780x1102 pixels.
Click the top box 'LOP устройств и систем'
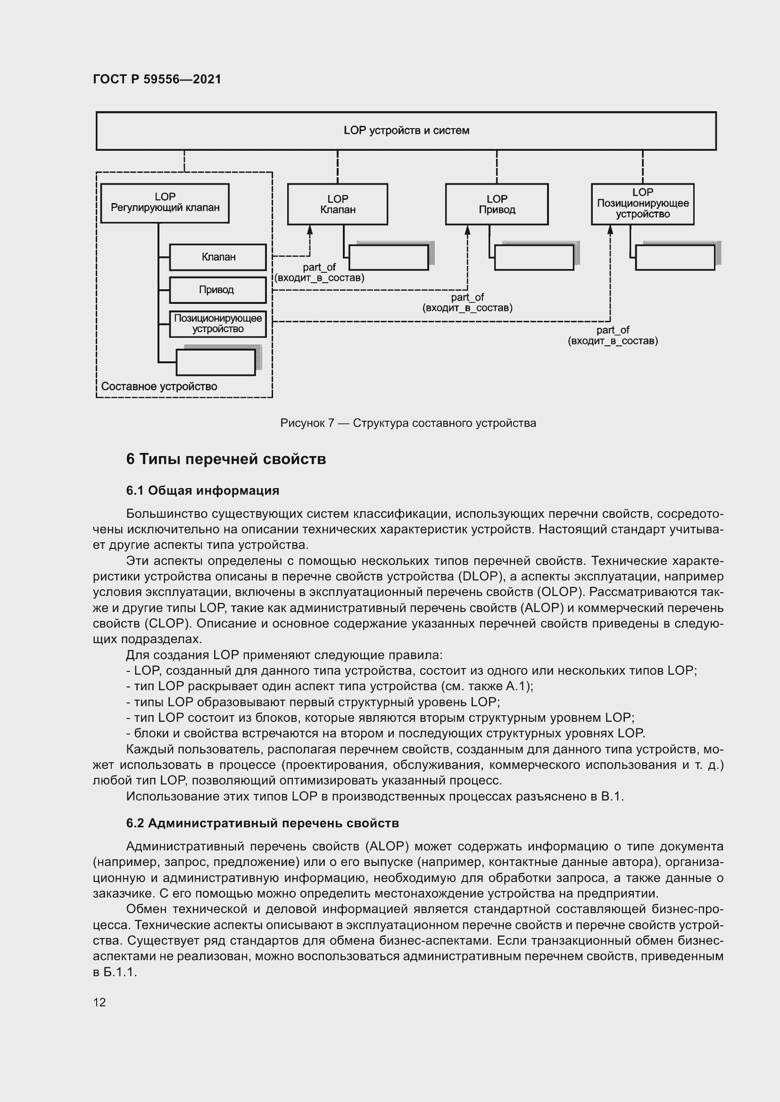[406, 131]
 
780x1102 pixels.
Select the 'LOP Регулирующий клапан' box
[165, 203]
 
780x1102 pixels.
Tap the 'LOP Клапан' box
[337, 204]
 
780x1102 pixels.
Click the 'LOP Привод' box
[497, 204]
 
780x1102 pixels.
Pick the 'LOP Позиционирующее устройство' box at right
[642, 204]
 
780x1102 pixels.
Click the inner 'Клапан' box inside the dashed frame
[217, 257]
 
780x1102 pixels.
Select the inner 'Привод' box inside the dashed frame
[217, 290]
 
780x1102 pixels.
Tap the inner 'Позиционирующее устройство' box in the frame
[217, 324]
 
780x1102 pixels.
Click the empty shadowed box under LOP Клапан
[388, 258]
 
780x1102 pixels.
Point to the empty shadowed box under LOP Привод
[534, 258]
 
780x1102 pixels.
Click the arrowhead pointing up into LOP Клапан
[310, 230]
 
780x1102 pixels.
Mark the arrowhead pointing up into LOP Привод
[467, 230]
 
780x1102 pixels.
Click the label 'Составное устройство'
[159, 386]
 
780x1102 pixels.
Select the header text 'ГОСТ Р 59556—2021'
[157, 79]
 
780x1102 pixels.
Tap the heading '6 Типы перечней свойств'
[226, 459]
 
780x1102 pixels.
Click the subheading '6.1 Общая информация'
[202, 490]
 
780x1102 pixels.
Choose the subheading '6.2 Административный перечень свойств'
[262, 823]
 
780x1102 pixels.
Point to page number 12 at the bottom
[100, 1002]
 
